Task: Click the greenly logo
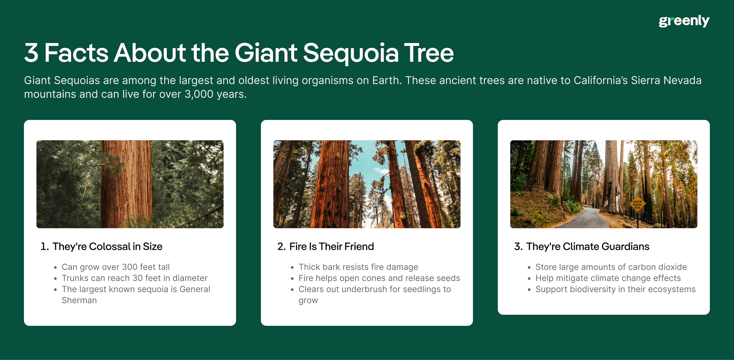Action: [683, 21]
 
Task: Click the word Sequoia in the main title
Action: [350, 53]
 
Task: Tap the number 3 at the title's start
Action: [31, 53]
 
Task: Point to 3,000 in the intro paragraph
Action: [199, 94]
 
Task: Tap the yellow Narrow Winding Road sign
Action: [637, 204]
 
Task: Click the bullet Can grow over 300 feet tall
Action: [116, 267]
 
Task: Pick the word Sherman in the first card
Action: [79, 300]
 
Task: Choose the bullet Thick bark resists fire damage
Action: [358, 267]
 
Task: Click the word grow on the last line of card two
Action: [308, 301]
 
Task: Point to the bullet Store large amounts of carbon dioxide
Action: [611, 267]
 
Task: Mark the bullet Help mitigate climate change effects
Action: [608, 278]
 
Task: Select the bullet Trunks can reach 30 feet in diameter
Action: [135, 278]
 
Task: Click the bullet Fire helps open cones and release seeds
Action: [379, 278]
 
